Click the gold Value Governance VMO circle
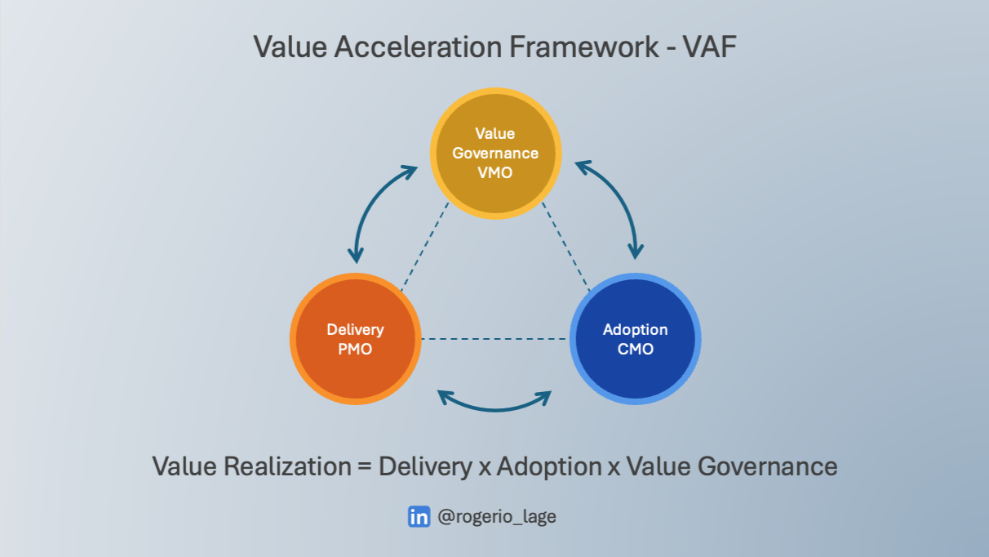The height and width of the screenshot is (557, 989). [x=495, y=152]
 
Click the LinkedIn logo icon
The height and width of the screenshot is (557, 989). [x=419, y=516]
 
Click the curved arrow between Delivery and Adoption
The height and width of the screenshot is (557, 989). [x=494, y=403]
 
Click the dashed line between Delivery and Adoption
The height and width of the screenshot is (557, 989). [x=494, y=338]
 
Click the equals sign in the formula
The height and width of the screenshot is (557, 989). [x=364, y=467]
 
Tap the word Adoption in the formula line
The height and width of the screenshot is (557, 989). [x=549, y=466]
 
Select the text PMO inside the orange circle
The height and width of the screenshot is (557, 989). [x=355, y=350]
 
